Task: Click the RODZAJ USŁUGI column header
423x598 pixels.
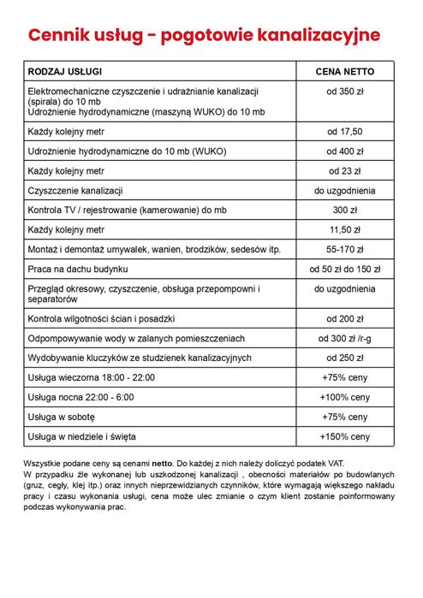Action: (70, 70)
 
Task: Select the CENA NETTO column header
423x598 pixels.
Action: (345, 70)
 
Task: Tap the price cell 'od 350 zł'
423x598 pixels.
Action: (345, 91)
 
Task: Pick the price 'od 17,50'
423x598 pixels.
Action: (345, 132)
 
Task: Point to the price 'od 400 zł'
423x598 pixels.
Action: (345, 151)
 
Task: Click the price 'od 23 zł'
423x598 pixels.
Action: (345, 171)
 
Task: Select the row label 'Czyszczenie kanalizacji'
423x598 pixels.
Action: (76, 191)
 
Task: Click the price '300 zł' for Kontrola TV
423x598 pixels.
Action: (345, 210)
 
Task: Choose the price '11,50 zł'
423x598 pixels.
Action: (345, 230)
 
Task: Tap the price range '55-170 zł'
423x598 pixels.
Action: (345, 250)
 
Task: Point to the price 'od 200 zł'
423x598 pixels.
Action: (345, 319)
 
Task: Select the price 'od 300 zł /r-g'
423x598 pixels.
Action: (345, 339)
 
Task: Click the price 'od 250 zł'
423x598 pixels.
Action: (345, 358)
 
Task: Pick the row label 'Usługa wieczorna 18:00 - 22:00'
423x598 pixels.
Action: (92, 378)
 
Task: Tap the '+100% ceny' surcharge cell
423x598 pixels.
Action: (345, 398)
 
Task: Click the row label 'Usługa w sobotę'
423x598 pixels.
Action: (62, 417)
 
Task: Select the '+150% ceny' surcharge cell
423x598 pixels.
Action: (345, 437)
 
